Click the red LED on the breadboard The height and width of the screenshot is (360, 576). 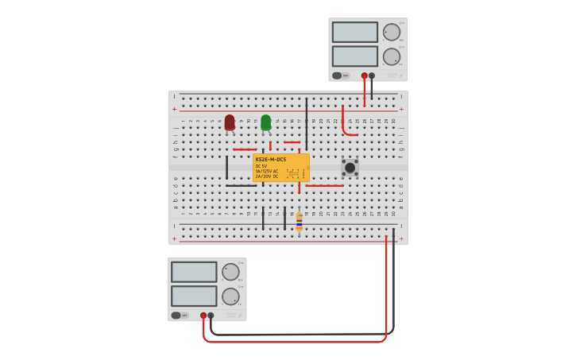point(230,122)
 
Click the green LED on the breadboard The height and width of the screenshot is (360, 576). point(265,122)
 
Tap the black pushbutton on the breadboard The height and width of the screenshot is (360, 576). point(350,168)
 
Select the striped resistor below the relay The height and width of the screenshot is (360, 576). point(299,221)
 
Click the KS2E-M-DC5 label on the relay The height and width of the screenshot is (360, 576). point(271,160)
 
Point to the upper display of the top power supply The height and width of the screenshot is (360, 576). point(354,32)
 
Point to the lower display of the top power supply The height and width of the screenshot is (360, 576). point(354,56)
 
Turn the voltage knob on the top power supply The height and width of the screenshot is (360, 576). point(392,32)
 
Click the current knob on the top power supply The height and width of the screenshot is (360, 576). point(392,56)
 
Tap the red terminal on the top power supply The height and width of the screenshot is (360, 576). point(364,75)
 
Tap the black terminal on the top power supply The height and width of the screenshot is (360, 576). point(372,75)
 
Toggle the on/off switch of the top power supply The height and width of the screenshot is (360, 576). point(337,75)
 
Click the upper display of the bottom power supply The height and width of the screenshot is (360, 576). point(194,272)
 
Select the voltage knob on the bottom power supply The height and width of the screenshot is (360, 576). point(230,272)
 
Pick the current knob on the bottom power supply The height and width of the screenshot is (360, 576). point(230,296)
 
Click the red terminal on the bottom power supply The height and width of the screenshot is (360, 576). point(203,315)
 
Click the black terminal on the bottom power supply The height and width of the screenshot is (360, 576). point(211,315)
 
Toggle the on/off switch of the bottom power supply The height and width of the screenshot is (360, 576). point(176,315)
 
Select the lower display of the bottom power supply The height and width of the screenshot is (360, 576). point(194,296)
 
